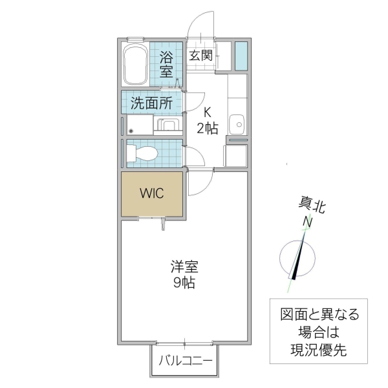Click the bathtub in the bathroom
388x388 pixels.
click(136, 65)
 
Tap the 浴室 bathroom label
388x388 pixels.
click(167, 63)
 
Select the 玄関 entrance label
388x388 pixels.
click(200, 55)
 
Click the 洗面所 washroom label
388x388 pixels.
click(151, 102)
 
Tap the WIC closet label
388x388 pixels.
click(152, 193)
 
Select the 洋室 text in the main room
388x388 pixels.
click(184, 266)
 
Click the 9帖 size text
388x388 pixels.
click(184, 283)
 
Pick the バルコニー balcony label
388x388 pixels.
click(186, 360)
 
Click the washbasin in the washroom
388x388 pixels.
click(168, 125)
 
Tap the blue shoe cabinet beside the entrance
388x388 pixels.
click(241, 56)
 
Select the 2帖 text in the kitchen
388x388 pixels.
click(208, 128)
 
